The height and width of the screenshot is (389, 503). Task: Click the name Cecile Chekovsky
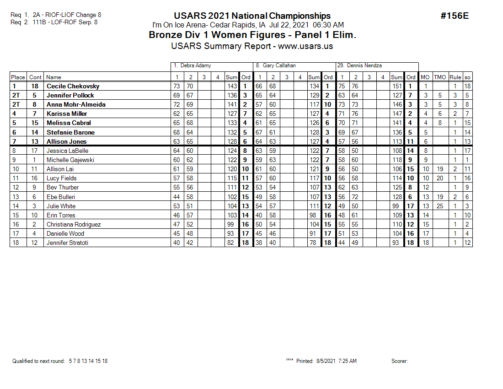[73, 86]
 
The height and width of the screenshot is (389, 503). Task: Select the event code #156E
[455, 16]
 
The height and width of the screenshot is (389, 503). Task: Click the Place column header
[18, 77]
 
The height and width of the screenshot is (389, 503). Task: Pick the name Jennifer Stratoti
[67, 243]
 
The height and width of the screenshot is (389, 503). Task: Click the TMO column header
[439, 77]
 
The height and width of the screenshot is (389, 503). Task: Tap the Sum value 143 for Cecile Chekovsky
[232, 86]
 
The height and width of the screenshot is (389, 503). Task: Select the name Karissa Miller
[67, 113]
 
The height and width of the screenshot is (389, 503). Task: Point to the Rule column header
[455, 77]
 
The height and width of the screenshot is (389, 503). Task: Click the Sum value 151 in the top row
[397, 86]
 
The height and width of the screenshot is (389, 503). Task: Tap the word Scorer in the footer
[399, 361]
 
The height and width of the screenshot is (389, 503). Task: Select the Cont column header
[35, 77]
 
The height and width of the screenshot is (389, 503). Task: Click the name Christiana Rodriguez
[74, 224]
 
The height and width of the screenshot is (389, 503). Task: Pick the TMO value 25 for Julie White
[440, 206]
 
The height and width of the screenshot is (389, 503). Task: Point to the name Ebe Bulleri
[60, 197]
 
